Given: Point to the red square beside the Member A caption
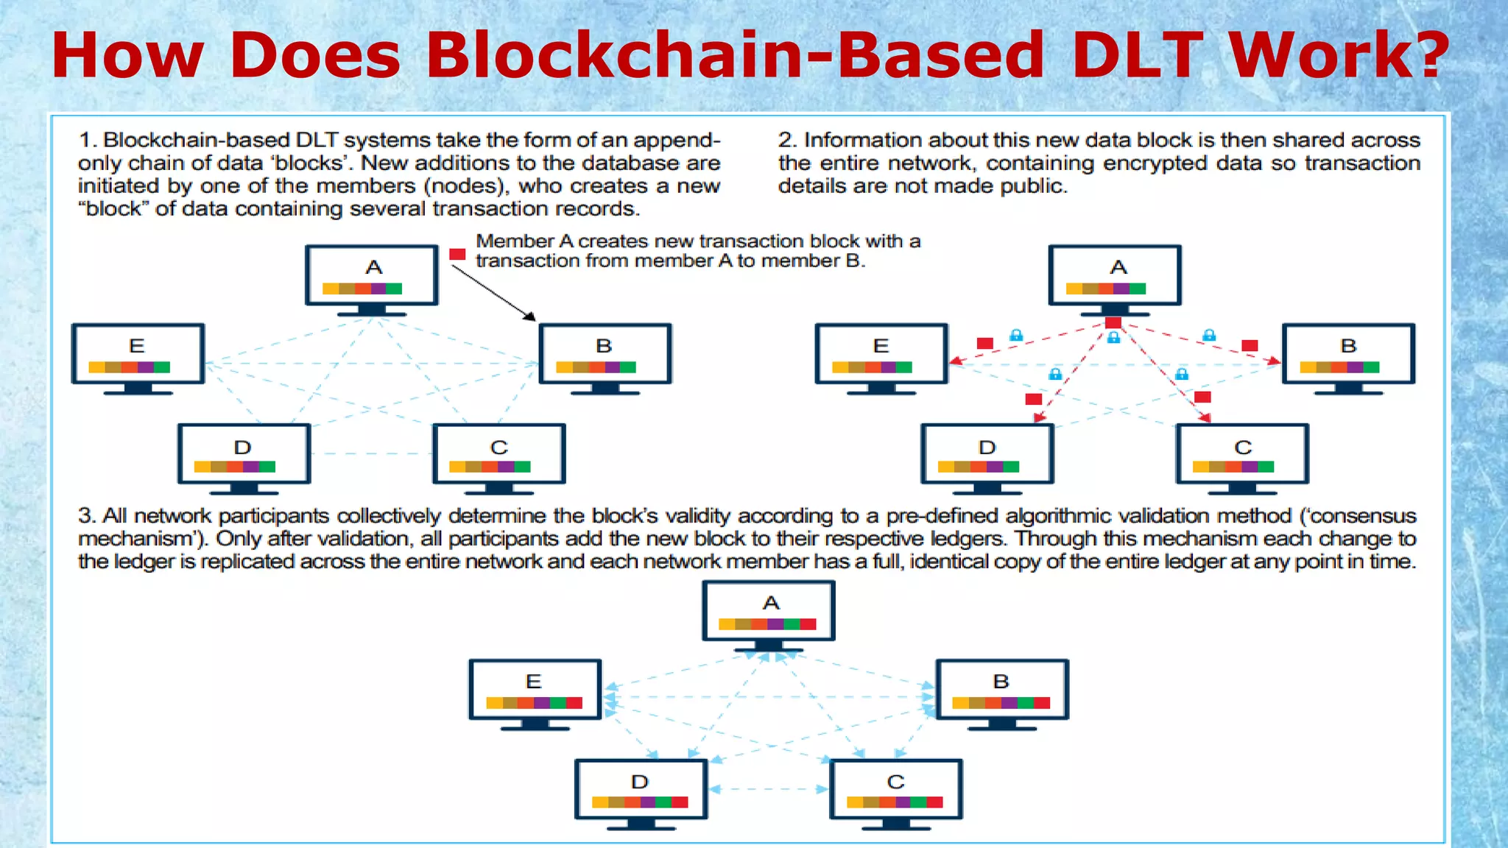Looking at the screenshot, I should (457, 255).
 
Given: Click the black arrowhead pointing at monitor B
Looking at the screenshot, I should (530, 317).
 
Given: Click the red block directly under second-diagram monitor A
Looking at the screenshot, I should (1113, 322).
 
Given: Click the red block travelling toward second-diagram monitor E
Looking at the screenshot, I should (984, 344).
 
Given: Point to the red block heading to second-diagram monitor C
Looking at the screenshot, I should (1202, 397).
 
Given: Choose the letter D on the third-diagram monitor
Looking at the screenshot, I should (639, 782).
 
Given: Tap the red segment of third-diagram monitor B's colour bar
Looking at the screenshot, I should (1042, 703).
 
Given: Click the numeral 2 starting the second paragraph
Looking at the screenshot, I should (785, 140).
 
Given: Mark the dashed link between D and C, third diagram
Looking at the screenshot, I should (768, 789).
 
